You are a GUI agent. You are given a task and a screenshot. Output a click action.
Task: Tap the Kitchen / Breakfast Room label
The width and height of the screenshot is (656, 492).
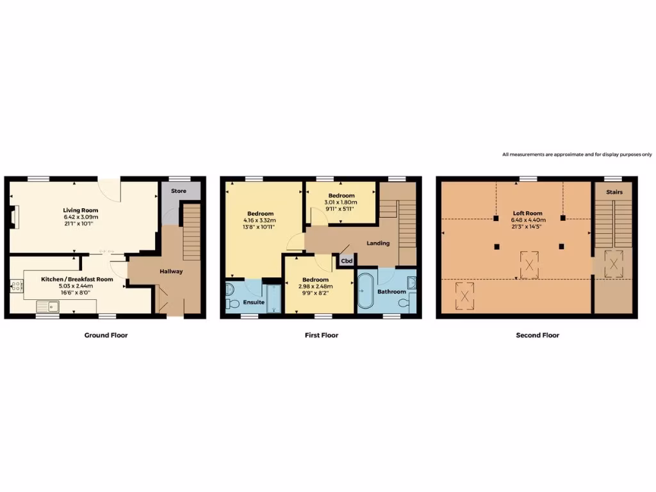(77, 279)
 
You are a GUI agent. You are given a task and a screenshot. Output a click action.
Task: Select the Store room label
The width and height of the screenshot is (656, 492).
(179, 191)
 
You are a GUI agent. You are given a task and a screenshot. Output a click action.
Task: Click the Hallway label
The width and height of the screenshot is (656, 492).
(171, 271)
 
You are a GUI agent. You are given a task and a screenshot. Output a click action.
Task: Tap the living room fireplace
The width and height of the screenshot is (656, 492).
(15, 216)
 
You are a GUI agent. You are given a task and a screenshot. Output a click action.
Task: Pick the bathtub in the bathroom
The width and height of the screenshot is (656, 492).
(366, 291)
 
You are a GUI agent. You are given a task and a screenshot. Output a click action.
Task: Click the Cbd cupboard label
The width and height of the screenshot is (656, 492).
(346, 261)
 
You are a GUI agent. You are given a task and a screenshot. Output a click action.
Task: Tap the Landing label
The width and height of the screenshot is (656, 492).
(379, 243)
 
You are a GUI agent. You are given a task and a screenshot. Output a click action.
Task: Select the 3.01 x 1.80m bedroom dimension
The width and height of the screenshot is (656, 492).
(341, 202)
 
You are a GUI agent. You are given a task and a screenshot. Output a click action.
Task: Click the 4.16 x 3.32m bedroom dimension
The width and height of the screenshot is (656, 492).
(260, 220)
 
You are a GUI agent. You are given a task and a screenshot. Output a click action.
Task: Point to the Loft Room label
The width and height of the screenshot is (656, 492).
(528, 213)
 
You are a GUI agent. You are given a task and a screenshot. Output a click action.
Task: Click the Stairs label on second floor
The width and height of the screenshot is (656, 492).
(614, 192)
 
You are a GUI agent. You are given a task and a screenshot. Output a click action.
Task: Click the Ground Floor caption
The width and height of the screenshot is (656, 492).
(106, 335)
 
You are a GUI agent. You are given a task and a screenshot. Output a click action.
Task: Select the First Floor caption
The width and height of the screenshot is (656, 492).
(321, 335)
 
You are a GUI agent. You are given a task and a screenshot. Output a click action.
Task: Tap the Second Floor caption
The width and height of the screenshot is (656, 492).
(537, 335)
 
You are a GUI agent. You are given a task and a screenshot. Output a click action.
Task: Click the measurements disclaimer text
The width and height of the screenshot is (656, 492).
(577, 154)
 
